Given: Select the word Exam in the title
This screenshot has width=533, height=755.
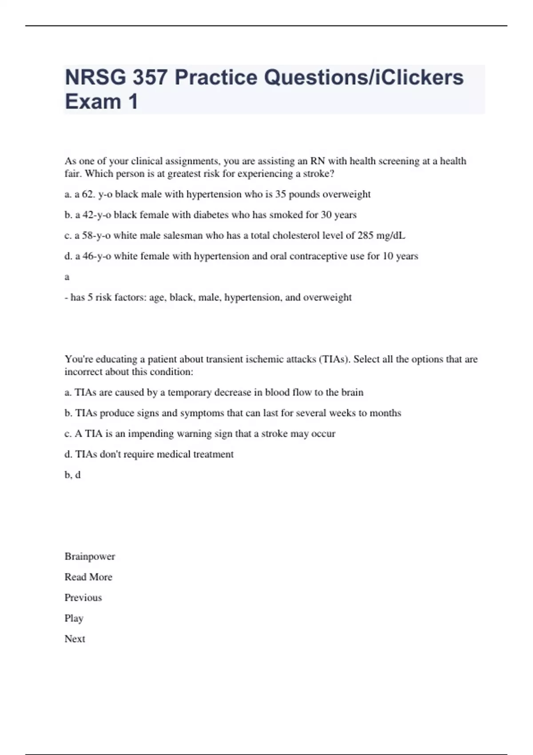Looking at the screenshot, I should pos(93,102).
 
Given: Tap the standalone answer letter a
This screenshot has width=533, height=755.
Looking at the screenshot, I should pos(67,277).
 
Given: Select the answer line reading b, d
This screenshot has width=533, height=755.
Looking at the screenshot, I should pos(72,475).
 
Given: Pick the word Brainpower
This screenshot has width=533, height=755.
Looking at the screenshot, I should pos(90,556).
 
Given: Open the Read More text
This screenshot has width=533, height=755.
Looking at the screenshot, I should pos(88,577).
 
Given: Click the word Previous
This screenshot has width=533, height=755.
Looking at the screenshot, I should pos(83,597).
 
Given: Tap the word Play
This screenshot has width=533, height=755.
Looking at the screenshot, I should pos(74,618).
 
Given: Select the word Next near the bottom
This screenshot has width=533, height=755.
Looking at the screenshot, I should pos(75,639).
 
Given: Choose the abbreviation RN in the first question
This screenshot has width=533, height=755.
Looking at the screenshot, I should pos(318,161).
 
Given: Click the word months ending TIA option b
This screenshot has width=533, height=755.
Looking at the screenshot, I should pos(385,413).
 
